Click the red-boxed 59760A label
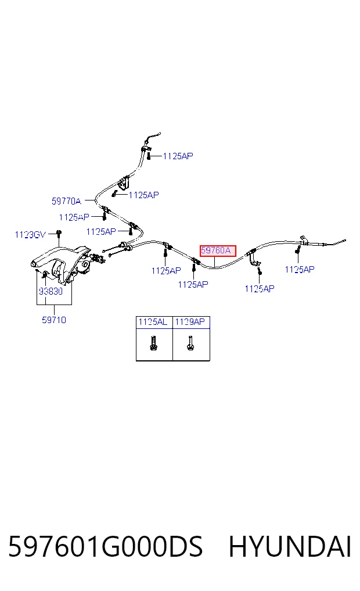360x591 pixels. pyautogui.click(x=218, y=250)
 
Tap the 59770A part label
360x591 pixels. pyautogui.click(x=66, y=201)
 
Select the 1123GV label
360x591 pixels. pyautogui.click(x=30, y=235)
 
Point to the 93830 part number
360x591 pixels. pyautogui.click(x=51, y=291)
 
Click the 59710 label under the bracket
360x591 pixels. pyautogui.click(x=54, y=320)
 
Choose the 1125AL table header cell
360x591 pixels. pyautogui.click(x=153, y=322)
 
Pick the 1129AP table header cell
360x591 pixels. pyautogui.click(x=190, y=322)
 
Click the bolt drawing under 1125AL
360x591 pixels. pyautogui.click(x=153, y=343)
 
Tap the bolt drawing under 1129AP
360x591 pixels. pyautogui.click(x=190, y=343)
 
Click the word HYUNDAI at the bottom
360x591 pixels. pyautogui.click(x=290, y=546)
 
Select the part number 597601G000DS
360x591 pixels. pyautogui.click(x=106, y=546)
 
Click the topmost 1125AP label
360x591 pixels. pyautogui.click(x=178, y=156)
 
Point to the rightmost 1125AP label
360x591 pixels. pyautogui.click(x=300, y=270)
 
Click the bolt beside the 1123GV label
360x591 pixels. pyautogui.click(x=59, y=234)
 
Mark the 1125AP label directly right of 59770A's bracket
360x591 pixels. pyautogui.click(x=144, y=195)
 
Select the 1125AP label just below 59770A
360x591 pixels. pyautogui.click(x=74, y=217)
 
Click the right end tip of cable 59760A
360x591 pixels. pyautogui.click(x=345, y=240)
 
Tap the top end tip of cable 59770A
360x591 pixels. pyautogui.click(x=160, y=133)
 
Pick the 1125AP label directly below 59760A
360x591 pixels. pyautogui.click(x=193, y=285)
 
